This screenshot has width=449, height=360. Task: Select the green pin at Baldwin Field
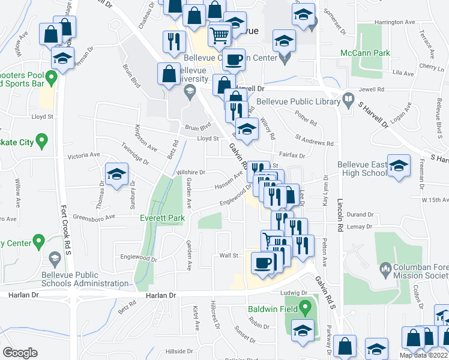click(x=305, y=310)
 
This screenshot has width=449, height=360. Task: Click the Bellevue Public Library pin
click(x=348, y=99)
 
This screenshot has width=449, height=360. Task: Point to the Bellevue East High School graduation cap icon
click(x=398, y=166)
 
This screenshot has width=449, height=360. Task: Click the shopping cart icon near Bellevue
click(x=220, y=35)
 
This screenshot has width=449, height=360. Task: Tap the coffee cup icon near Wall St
click(x=262, y=263)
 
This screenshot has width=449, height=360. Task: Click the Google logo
click(x=20, y=353)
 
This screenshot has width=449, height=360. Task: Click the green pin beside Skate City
click(x=41, y=142)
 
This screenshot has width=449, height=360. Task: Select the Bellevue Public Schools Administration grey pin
click(x=55, y=258)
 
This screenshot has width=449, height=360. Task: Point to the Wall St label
click(x=229, y=255)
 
